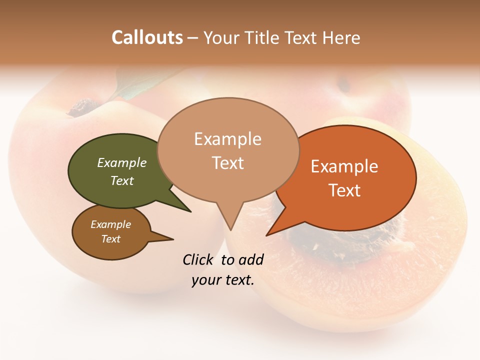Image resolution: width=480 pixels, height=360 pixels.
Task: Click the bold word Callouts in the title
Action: coord(147,37)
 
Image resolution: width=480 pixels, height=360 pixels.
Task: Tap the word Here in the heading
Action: coord(341,37)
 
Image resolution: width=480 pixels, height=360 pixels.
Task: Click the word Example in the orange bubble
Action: coord(344,166)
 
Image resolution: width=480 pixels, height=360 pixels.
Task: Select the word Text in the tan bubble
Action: coord(228,163)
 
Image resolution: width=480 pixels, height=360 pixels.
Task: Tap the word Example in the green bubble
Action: coord(121,162)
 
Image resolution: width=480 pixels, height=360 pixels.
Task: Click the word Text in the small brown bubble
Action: coord(111,239)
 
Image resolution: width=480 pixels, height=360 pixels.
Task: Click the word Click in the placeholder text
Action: coord(198,259)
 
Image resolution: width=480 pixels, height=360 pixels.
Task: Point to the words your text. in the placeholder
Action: coord(223,280)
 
